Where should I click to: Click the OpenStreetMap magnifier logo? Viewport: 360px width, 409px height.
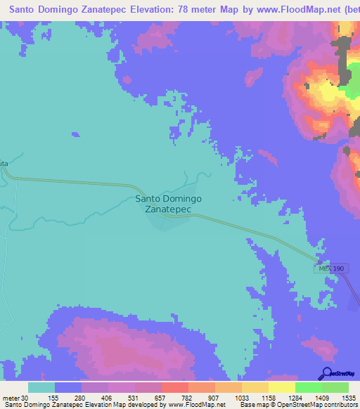coord(327,373)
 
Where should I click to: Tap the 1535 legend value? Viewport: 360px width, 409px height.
coord(349,397)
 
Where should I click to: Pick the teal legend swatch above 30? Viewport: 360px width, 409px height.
coord(41,387)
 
